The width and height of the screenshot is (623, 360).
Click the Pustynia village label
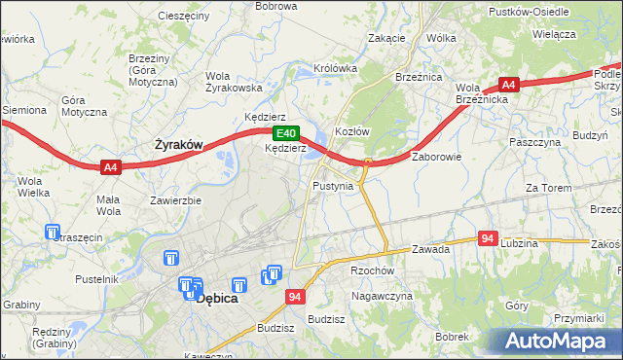click(x=333, y=185)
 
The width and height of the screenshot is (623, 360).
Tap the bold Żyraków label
click(x=179, y=145)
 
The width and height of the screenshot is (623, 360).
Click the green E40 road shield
click(x=284, y=133)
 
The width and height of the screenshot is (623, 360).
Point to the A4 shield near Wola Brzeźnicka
click(x=508, y=85)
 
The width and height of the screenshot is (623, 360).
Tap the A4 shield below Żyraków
click(x=111, y=167)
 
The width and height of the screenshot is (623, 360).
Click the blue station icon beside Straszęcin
click(x=53, y=233)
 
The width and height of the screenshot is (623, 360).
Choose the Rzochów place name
click(x=371, y=271)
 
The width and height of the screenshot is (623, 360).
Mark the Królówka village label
click(x=336, y=69)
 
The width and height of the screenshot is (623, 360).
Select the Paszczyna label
click(x=535, y=141)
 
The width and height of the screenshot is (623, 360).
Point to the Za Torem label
click(x=546, y=188)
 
